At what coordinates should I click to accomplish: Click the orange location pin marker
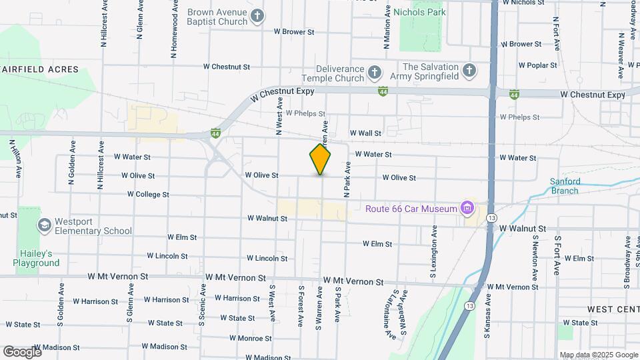click(x=320, y=159)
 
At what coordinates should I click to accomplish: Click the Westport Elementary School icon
click(x=45, y=225)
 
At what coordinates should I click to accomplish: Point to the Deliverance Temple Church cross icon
click(x=375, y=72)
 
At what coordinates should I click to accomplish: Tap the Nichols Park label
click(x=419, y=12)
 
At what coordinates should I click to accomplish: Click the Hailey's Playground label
click(x=36, y=258)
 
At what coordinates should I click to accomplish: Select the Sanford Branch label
click(x=565, y=185)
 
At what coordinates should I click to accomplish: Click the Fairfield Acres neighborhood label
click(x=40, y=69)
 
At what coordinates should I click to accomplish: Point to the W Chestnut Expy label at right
click(x=593, y=95)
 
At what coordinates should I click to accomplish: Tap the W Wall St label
click(x=365, y=133)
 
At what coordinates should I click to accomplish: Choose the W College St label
click(x=148, y=195)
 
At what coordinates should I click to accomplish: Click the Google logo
click(x=21, y=351)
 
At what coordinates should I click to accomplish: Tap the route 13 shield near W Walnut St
click(x=491, y=217)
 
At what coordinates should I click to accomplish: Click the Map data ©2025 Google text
click(x=598, y=355)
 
